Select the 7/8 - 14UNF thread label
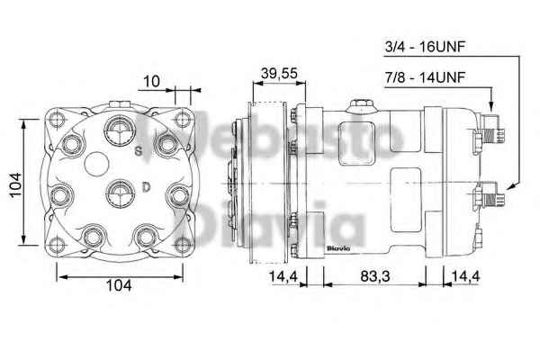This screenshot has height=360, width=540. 426,78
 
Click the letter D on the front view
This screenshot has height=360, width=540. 145,187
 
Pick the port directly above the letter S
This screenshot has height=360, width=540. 118,131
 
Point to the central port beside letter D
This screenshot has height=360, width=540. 119,191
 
